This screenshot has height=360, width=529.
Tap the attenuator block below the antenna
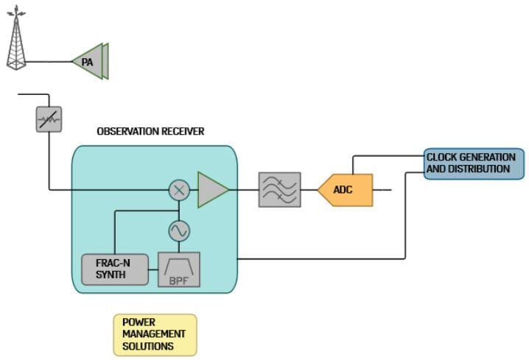[49, 119]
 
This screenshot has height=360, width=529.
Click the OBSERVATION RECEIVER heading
[150, 131]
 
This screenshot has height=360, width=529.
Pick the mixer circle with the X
[179, 190]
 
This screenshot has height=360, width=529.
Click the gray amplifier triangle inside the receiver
[211, 190]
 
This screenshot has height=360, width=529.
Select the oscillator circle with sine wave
[179, 231]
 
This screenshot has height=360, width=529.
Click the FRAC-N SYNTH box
[111, 269]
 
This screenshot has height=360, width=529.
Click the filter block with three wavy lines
[279, 190]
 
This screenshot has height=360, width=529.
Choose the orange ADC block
[345, 190]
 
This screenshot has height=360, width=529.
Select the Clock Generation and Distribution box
[474, 163]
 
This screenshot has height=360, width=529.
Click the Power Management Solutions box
[154, 334]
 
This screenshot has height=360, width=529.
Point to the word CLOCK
[443, 157]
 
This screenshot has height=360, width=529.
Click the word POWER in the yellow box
[138, 322]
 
